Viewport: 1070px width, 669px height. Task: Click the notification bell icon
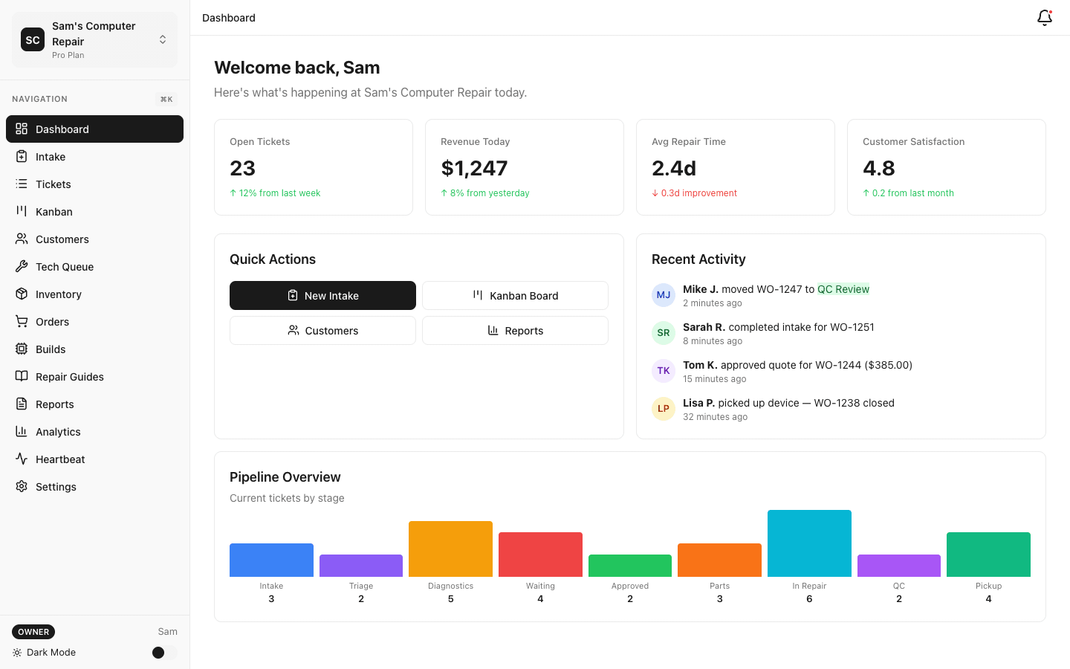point(1044,18)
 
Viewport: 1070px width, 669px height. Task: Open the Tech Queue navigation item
point(65,267)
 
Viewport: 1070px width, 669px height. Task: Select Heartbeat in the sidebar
point(60,459)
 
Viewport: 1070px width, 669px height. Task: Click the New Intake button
point(322,295)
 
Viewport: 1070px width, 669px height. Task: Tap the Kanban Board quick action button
point(515,295)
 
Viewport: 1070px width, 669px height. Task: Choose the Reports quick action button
point(515,331)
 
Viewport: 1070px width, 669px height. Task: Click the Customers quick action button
point(322,331)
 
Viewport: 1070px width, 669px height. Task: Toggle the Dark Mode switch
point(163,653)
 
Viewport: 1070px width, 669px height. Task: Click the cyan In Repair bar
point(809,543)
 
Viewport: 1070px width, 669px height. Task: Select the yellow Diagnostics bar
point(450,549)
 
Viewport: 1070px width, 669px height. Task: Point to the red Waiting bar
point(540,555)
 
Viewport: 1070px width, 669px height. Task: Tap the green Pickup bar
point(988,555)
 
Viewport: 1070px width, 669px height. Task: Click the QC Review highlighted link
point(843,289)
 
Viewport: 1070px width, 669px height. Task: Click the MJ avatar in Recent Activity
point(664,295)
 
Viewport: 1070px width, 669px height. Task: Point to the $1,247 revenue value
point(474,169)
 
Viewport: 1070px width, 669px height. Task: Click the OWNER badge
point(33,632)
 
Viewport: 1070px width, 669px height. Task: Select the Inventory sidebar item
point(59,294)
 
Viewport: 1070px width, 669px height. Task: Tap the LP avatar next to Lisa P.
point(664,409)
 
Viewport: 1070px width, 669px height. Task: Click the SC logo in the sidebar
point(33,40)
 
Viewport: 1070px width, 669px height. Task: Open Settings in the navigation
point(56,487)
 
